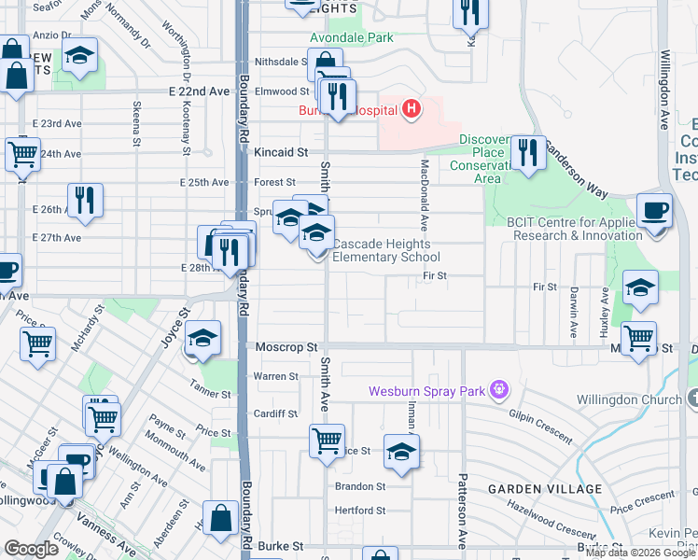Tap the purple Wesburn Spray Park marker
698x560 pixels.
[500, 389]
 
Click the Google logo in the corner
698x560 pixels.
[31, 549]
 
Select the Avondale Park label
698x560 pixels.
[352, 38]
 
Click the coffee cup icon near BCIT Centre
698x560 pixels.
[654, 211]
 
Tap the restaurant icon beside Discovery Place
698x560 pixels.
[529, 152]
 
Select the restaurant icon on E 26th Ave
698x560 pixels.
[85, 200]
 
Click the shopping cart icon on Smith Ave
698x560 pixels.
[327, 440]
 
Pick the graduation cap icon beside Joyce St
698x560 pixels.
[202, 339]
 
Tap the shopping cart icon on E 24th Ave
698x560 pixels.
[23, 153]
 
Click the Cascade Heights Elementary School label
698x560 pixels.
[385, 250]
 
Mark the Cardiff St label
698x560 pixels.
[275, 413]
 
